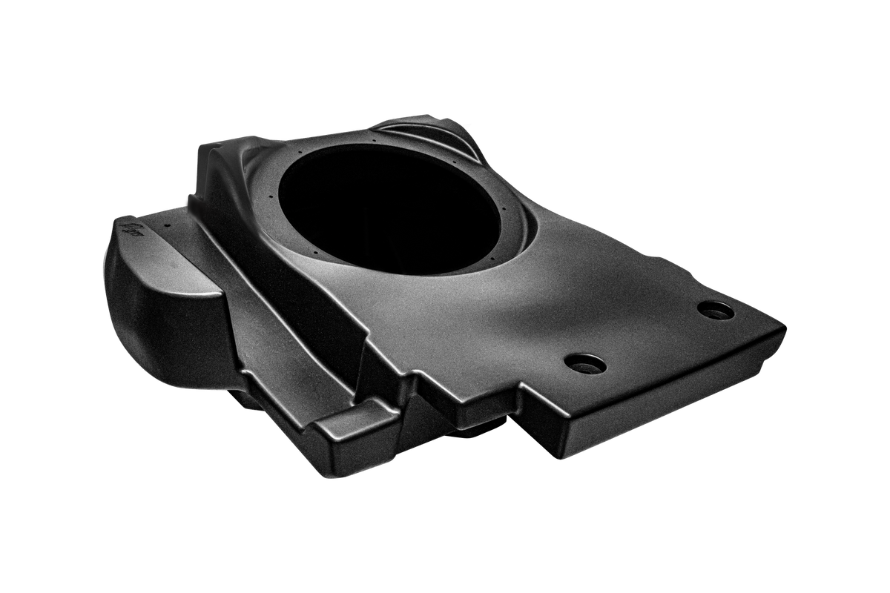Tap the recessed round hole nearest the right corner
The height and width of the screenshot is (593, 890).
716,311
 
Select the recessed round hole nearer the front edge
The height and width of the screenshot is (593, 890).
584,362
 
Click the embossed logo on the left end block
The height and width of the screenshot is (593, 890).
134,226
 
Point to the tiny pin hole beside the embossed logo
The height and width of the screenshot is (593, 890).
169,222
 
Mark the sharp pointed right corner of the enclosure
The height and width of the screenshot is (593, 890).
785,324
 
